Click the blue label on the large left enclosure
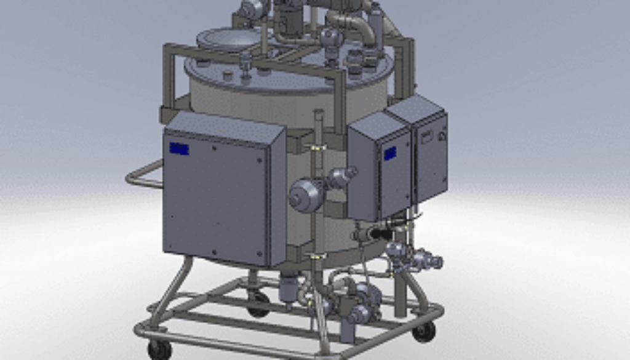click(179, 149)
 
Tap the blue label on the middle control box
click(389, 153)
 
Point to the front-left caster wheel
click(160, 349)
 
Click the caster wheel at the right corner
click(424, 331)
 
